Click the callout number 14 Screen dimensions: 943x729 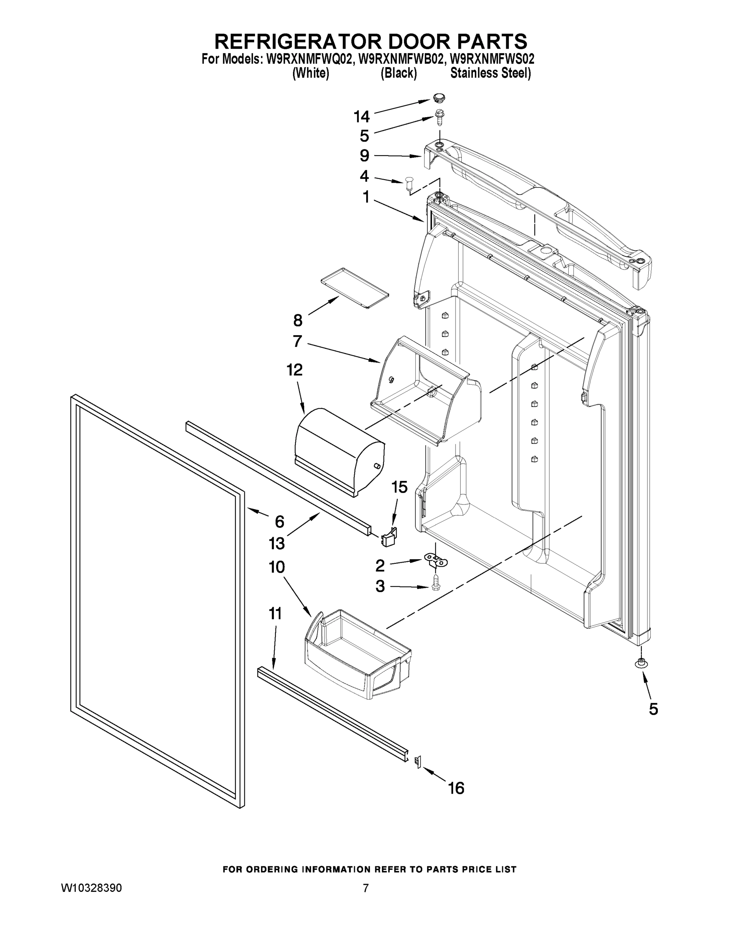(x=362, y=117)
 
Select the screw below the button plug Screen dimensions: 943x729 (x=439, y=117)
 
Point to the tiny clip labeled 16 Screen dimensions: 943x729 (x=418, y=763)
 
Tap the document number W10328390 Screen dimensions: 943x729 (x=91, y=888)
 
